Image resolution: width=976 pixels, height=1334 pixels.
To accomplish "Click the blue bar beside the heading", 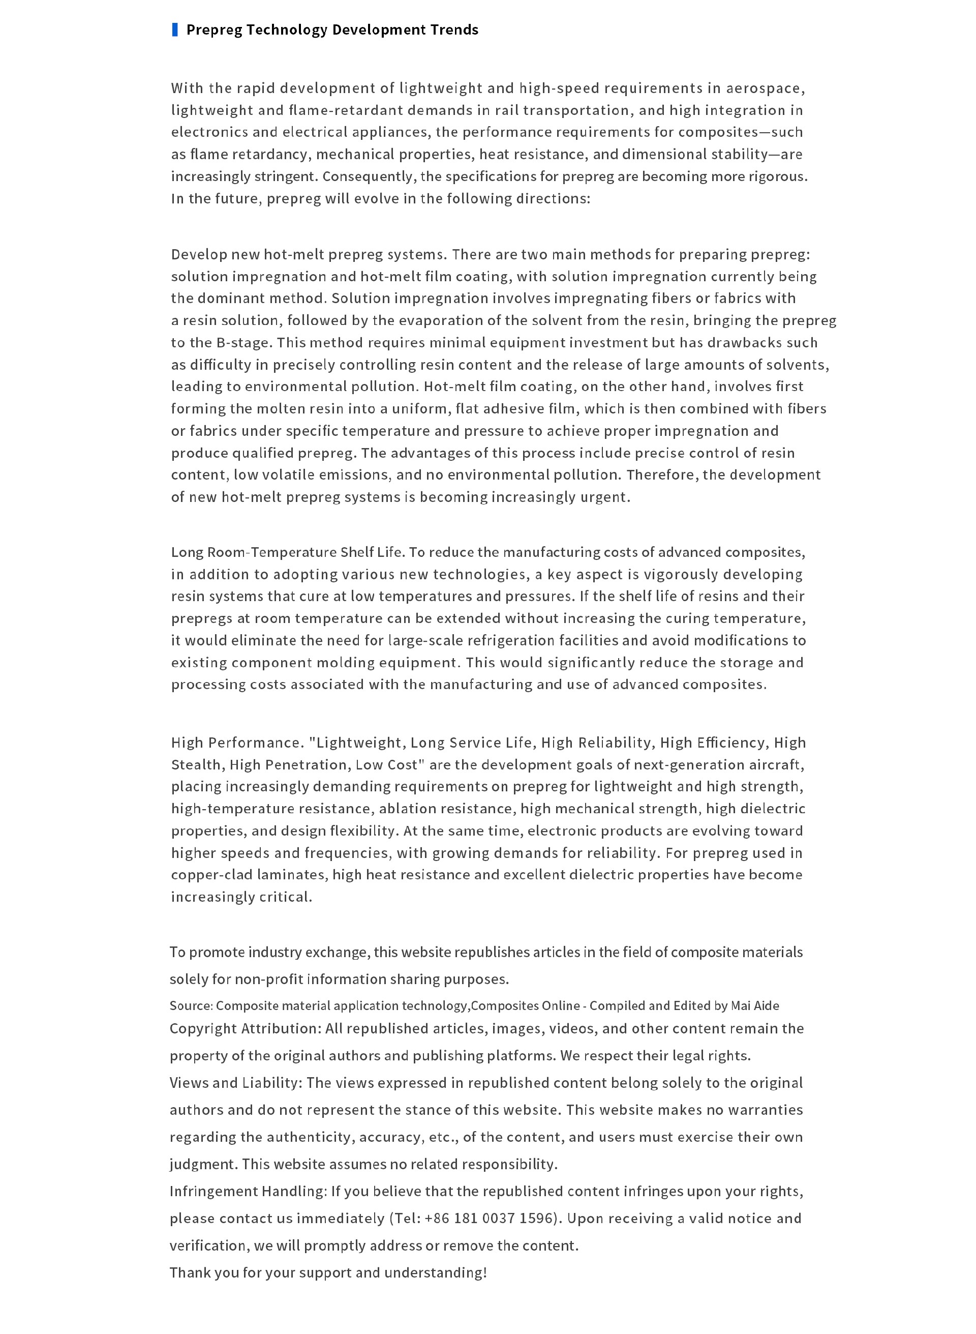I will coord(175,29).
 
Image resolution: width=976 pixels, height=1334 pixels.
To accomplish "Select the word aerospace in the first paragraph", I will coord(764,88).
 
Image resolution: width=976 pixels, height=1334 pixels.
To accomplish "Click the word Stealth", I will coord(197,764).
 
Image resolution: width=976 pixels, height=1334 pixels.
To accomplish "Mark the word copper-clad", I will coord(201,874).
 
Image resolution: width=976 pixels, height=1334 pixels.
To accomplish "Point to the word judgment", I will coord(203,1164).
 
